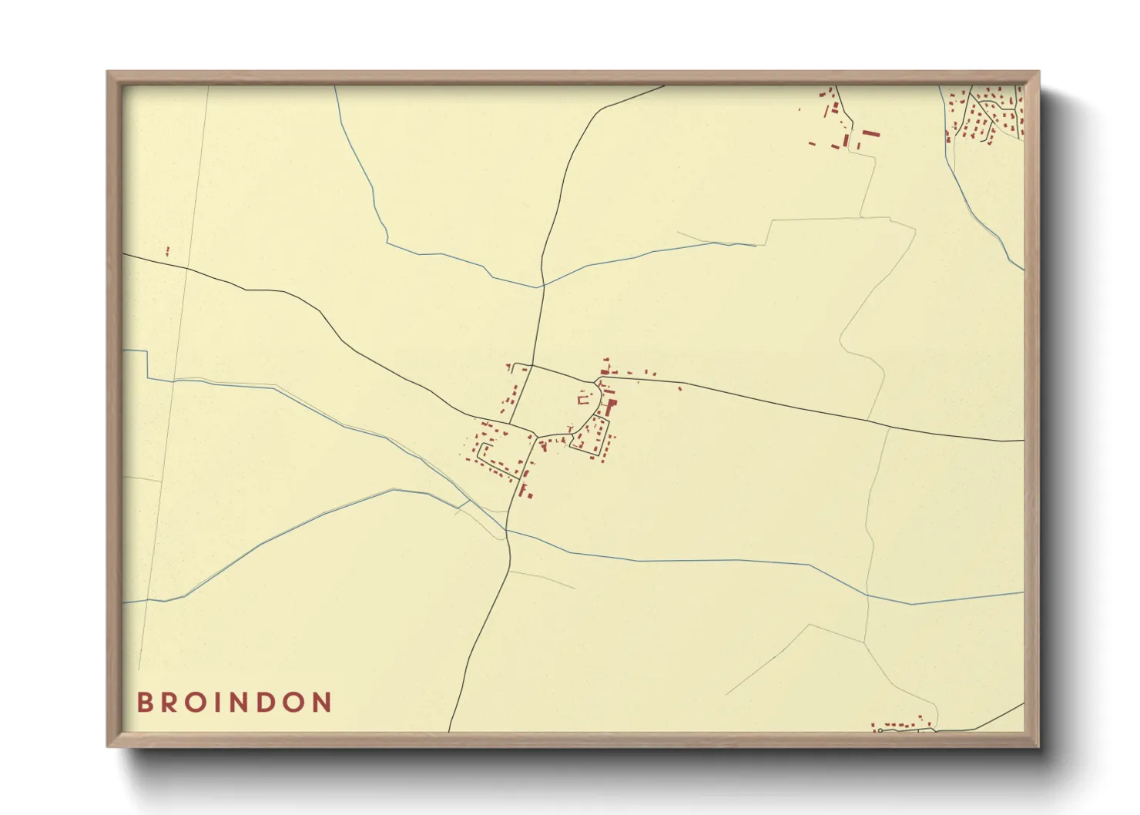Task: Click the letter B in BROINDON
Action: (144, 703)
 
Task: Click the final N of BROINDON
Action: (322, 703)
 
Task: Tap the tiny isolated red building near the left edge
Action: (167, 250)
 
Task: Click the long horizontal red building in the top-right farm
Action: (870, 133)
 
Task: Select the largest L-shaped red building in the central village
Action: (610, 406)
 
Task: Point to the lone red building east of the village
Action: (679, 388)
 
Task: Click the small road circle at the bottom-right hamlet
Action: (879, 729)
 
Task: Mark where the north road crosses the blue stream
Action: (541, 287)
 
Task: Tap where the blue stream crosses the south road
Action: (507, 530)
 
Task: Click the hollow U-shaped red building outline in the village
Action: (583, 398)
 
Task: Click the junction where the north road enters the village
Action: (531, 365)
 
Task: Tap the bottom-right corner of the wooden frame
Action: (1038, 746)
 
